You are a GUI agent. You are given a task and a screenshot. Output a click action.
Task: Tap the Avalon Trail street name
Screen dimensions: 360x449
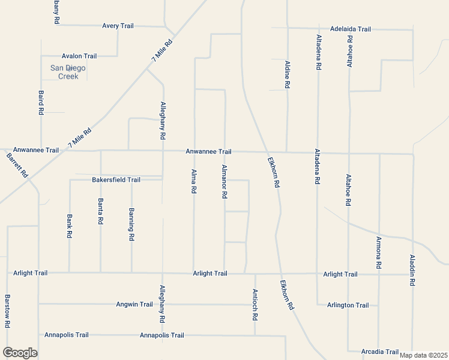pyautogui.click(x=79, y=56)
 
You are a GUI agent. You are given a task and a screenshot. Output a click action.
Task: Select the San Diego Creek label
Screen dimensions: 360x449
pyautogui.click(x=68, y=72)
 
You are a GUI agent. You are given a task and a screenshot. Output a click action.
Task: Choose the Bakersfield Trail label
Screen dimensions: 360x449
pyautogui.click(x=116, y=179)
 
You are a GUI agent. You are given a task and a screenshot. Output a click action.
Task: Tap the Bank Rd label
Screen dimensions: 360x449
pyautogui.click(x=70, y=226)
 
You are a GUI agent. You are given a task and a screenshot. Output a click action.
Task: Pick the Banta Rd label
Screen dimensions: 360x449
pyautogui.click(x=100, y=212)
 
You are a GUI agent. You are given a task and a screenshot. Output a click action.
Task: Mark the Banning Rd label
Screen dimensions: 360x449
pyautogui.click(x=131, y=224)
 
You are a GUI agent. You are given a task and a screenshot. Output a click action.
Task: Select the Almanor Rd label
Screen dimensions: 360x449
pyautogui.click(x=224, y=182)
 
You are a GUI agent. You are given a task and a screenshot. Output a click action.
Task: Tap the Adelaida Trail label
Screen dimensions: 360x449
pyautogui.click(x=351, y=29)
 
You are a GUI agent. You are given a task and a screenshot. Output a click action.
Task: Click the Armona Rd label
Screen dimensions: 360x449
pyautogui.click(x=379, y=252)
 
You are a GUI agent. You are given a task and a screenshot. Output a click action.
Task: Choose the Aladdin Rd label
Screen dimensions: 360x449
pyautogui.click(x=412, y=269)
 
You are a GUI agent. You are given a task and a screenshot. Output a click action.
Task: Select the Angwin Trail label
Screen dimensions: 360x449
pyautogui.click(x=134, y=304)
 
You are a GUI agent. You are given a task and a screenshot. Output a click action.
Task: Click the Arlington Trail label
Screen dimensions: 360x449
pyautogui.click(x=348, y=305)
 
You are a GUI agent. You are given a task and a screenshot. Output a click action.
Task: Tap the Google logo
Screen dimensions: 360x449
pyautogui.click(x=20, y=353)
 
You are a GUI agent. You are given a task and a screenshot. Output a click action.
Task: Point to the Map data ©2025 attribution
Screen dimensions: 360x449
pyautogui.click(x=423, y=355)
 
